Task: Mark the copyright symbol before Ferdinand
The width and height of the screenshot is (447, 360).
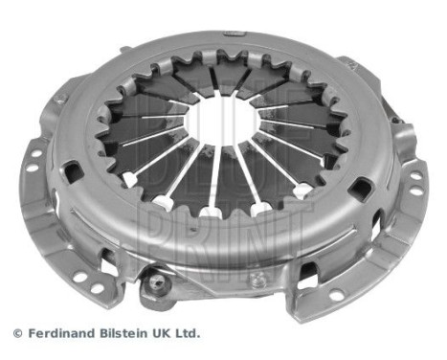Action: [16, 334]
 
